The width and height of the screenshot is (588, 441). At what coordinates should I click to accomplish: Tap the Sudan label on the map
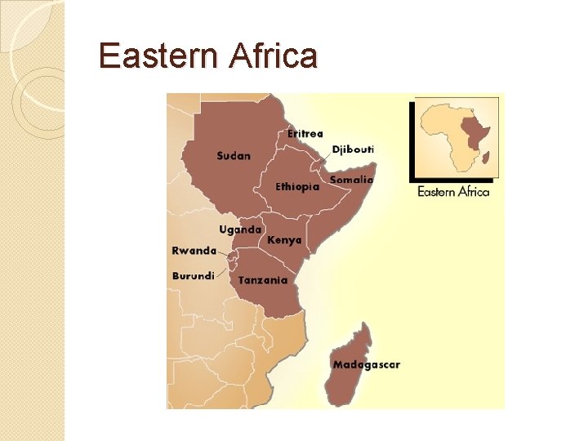pyautogui.click(x=234, y=155)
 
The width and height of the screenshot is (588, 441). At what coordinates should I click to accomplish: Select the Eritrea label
pyautogui.click(x=305, y=133)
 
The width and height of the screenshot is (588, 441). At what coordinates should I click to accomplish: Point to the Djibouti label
pyautogui.click(x=353, y=149)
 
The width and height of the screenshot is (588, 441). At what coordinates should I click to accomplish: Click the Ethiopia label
pyautogui.click(x=297, y=186)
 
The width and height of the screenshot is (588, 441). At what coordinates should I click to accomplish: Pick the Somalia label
pyautogui.click(x=352, y=180)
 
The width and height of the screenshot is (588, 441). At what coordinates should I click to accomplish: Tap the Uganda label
pyautogui.click(x=240, y=229)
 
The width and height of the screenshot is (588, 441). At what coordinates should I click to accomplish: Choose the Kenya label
pyautogui.click(x=284, y=240)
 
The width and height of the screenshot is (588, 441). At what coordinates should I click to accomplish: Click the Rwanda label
pyautogui.click(x=194, y=251)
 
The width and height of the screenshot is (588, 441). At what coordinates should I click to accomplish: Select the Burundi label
pyautogui.click(x=194, y=276)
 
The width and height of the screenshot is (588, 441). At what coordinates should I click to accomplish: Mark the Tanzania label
pyautogui.click(x=263, y=280)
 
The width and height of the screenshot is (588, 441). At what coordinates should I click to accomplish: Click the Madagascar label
pyautogui.click(x=367, y=364)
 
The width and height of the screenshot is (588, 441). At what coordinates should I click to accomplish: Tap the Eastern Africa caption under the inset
pyautogui.click(x=453, y=192)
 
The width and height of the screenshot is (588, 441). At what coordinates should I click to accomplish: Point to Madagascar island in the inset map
pyautogui.click(x=486, y=157)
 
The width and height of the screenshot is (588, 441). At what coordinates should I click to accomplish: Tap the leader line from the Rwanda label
pyautogui.click(x=223, y=254)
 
